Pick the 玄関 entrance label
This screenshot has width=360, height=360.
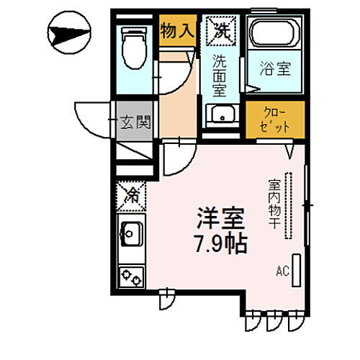tap(135, 122)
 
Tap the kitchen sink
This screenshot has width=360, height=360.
tap(132, 234)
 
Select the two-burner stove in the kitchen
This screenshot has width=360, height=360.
tap(132, 276)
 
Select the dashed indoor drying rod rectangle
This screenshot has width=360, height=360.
tap(290, 206)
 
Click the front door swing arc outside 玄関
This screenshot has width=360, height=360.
tap(92, 122)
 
